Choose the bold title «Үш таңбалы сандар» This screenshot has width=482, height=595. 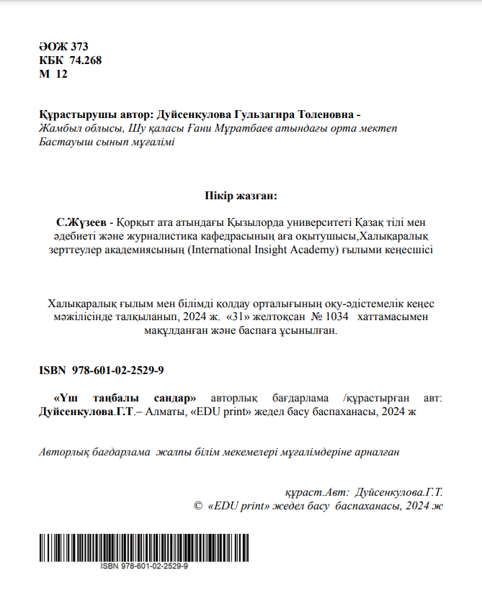coord(126,398)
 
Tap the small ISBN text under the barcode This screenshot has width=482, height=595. coord(144,567)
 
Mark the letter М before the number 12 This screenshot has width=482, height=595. coord(45,73)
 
